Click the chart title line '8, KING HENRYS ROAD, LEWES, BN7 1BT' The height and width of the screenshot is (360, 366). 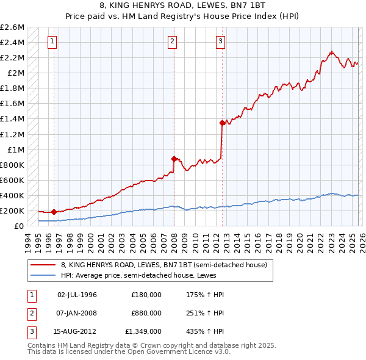pos(182,6)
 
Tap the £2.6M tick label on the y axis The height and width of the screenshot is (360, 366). pos(12,27)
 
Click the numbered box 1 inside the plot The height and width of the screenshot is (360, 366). pos(52,41)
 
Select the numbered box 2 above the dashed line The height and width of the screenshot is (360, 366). pos(173,41)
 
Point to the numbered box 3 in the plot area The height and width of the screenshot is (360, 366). pos(220,41)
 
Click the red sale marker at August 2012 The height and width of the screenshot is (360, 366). pos(222,123)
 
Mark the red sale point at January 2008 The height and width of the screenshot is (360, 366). pos(174,159)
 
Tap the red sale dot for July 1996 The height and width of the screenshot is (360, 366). pos(54,212)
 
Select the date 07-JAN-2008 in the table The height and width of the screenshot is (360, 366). pos(77,312)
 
